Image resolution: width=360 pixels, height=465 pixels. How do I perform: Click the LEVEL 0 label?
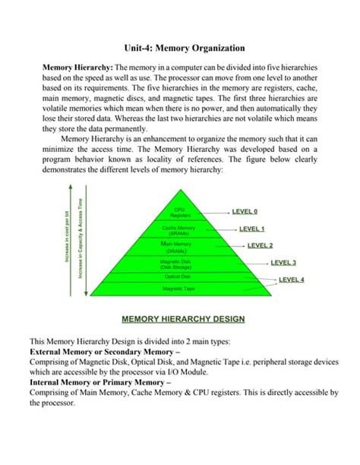245,212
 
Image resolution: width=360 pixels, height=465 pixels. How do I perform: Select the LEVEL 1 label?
251,229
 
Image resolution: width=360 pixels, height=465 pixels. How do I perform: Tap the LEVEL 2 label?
260,246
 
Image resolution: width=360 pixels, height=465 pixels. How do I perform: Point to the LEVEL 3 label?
283,263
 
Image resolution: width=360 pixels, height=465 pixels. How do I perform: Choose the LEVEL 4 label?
291,280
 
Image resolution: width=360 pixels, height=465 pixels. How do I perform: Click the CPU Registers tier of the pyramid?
180,213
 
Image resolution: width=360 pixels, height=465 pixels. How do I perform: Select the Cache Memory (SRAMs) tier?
180,229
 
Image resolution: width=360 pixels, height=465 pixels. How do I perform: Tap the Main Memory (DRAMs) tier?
180,247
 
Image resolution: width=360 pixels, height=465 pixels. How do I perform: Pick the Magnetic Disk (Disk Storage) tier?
180,264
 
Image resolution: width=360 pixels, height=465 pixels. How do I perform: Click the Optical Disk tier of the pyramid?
180,277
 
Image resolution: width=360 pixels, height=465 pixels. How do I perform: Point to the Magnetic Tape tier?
180,289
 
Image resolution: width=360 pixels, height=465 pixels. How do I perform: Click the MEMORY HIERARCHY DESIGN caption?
180,319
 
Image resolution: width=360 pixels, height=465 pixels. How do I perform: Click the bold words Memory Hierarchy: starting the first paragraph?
73,68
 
